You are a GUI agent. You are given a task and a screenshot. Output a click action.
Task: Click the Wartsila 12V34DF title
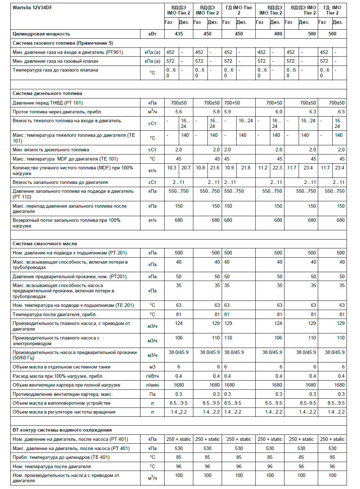pos(32,7)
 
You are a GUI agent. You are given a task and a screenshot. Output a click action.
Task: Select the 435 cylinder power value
pos(179,34)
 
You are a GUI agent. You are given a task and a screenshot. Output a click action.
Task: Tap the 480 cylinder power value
pos(278,34)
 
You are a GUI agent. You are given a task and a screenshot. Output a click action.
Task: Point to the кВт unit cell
pos(153,34)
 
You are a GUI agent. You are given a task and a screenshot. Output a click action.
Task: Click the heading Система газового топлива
pos(62,43)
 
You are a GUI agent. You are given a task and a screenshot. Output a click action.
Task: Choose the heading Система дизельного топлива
pos(47,93)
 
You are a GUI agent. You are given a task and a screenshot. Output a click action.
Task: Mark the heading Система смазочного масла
pos(45,243)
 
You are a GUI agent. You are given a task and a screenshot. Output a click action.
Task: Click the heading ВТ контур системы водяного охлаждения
pos(62,430)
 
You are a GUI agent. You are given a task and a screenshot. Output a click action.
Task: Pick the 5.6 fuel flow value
pos(179,112)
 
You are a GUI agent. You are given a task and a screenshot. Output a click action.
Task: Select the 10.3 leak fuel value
pos(172,168)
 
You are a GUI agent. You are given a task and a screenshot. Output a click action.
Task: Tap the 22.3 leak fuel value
pos(277,168)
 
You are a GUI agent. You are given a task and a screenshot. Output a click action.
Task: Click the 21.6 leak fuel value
pos(215,168)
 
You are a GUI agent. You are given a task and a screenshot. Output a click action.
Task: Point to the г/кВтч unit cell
pos(153,376)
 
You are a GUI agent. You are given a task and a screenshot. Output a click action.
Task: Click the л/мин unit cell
pos(153,385)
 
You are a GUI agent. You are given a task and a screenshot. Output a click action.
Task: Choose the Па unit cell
pos(153,394)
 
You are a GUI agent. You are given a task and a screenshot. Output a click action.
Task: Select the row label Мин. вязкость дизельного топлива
pos(51,150)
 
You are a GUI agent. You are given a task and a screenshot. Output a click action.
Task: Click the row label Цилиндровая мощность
pos(41,34)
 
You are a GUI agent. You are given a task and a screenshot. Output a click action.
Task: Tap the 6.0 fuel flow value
pos(279,112)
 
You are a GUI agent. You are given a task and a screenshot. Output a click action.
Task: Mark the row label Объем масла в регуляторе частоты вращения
pos(64,412)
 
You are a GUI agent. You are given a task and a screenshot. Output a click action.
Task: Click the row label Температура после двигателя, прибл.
pos(55,314)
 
